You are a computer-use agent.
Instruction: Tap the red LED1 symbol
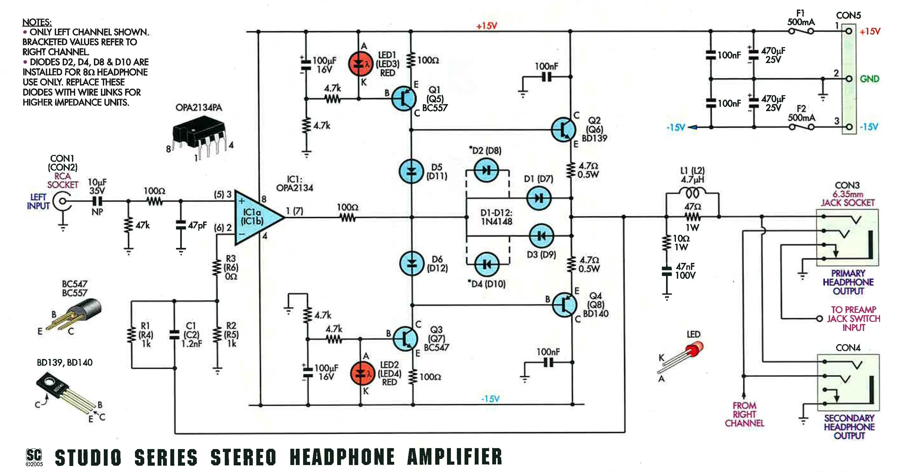[360, 64]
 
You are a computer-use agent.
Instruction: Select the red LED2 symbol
[362, 374]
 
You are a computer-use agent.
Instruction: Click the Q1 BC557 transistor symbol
[404, 99]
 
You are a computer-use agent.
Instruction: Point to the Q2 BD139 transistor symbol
[563, 129]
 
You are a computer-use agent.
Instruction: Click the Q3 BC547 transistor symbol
[405, 338]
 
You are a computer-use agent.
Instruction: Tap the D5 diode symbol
[411, 171]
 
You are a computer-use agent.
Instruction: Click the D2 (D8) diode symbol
[486, 170]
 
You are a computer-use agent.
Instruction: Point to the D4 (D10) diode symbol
[487, 264]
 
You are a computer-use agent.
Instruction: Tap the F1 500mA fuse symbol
[801, 31]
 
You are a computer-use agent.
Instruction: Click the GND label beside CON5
[869, 79]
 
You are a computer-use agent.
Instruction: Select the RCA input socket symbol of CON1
[62, 202]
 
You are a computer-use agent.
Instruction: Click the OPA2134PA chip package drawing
[198, 134]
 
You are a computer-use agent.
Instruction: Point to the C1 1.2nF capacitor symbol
[174, 335]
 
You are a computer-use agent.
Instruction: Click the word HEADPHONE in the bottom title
[342, 457]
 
